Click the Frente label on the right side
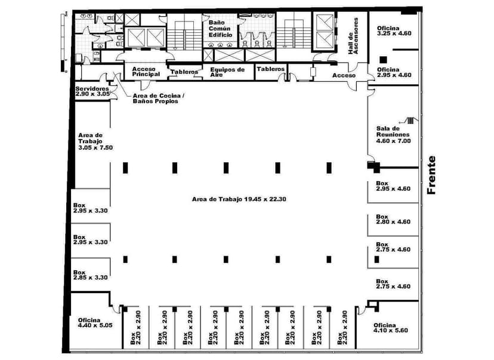tap(432, 175)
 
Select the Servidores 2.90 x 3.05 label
tap(92, 91)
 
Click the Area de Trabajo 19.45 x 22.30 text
tap(240, 199)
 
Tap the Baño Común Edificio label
tap(220, 29)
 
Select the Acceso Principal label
tap(146, 72)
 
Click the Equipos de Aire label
tap(227, 72)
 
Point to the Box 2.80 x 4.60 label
tap(393, 219)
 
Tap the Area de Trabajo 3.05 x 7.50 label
tap(95, 142)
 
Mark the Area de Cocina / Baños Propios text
tap(155, 98)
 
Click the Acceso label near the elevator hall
tap(344, 75)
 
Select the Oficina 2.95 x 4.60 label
tap(394, 72)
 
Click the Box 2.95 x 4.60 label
tap(393, 186)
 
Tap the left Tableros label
tap(184, 72)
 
